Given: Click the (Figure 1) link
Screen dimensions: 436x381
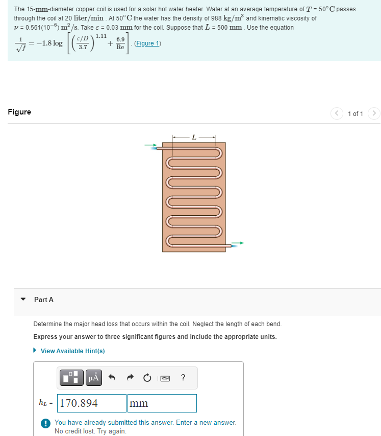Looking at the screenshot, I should pyautogui.click(x=147, y=43).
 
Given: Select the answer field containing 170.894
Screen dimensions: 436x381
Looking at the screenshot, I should pyautogui.click(x=92, y=403).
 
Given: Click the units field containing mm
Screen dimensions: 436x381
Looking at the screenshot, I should pyautogui.click(x=162, y=403).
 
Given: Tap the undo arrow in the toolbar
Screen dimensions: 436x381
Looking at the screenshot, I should pyautogui.click(x=112, y=378).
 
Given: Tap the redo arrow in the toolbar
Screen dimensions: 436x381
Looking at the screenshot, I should pyautogui.click(x=130, y=378).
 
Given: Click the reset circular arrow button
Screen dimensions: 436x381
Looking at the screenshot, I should pyautogui.click(x=147, y=378).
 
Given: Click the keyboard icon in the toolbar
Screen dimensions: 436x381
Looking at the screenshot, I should pyautogui.click(x=165, y=378).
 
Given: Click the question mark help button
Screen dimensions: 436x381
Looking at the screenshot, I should pyautogui.click(x=183, y=378).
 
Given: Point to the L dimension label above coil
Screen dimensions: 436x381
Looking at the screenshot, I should pyautogui.click(x=193, y=137).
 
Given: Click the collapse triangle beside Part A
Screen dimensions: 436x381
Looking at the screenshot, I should pyautogui.click(x=23, y=300).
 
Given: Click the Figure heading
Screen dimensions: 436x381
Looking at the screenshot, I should pyautogui.click(x=19, y=112).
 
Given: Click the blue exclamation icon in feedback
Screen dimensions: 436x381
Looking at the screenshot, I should pyautogui.click(x=45, y=423).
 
